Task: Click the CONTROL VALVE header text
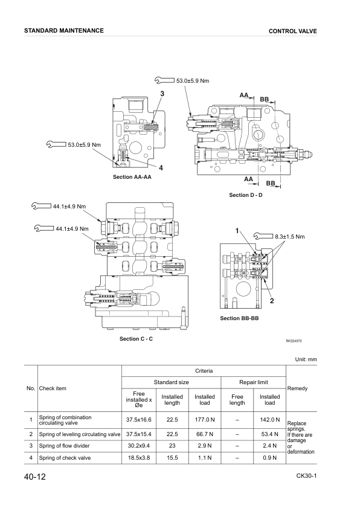pyautogui.click(x=293, y=31)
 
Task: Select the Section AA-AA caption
pyautogui.click(x=132, y=178)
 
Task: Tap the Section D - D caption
pyautogui.click(x=246, y=195)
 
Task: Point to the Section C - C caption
pyautogui.click(x=136, y=339)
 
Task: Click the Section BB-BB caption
pyautogui.click(x=239, y=318)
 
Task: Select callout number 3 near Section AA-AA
pyautogui.click(x=162, y=94)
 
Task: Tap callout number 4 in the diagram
pyautogui.click(x=161, y=167)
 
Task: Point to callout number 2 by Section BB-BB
pyautogui.click(x=272, y=301)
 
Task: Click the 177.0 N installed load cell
pyautogui.click(x=204, y=419)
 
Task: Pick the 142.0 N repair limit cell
pyautogui.click(x=269, y=419)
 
